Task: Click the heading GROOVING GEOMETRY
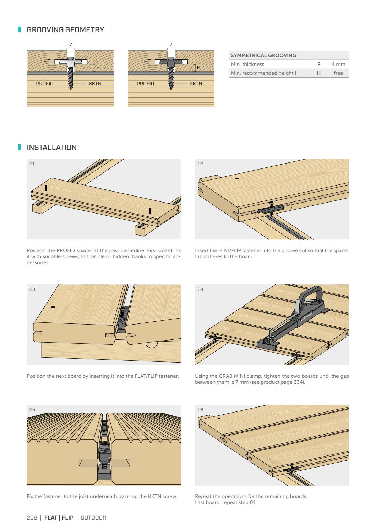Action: coord(65,30)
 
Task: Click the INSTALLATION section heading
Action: coord(51,148)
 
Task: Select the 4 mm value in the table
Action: coord(338,64)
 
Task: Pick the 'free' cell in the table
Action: coord(338,73)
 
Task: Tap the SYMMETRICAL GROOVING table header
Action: coord(263,55)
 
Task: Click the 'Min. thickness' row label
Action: coord(247,64)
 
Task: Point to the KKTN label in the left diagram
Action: coord(95,84)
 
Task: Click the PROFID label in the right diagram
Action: coord(145,84)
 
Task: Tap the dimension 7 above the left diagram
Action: coord(70,45)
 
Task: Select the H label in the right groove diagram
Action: coord(198,67)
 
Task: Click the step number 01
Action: coord(32,164)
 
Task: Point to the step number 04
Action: coord(201,289)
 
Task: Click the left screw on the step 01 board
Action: coord(46,188)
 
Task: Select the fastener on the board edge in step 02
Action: coord(271,209)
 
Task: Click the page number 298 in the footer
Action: coord(32,518)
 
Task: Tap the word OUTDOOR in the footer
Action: coord(93,518)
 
